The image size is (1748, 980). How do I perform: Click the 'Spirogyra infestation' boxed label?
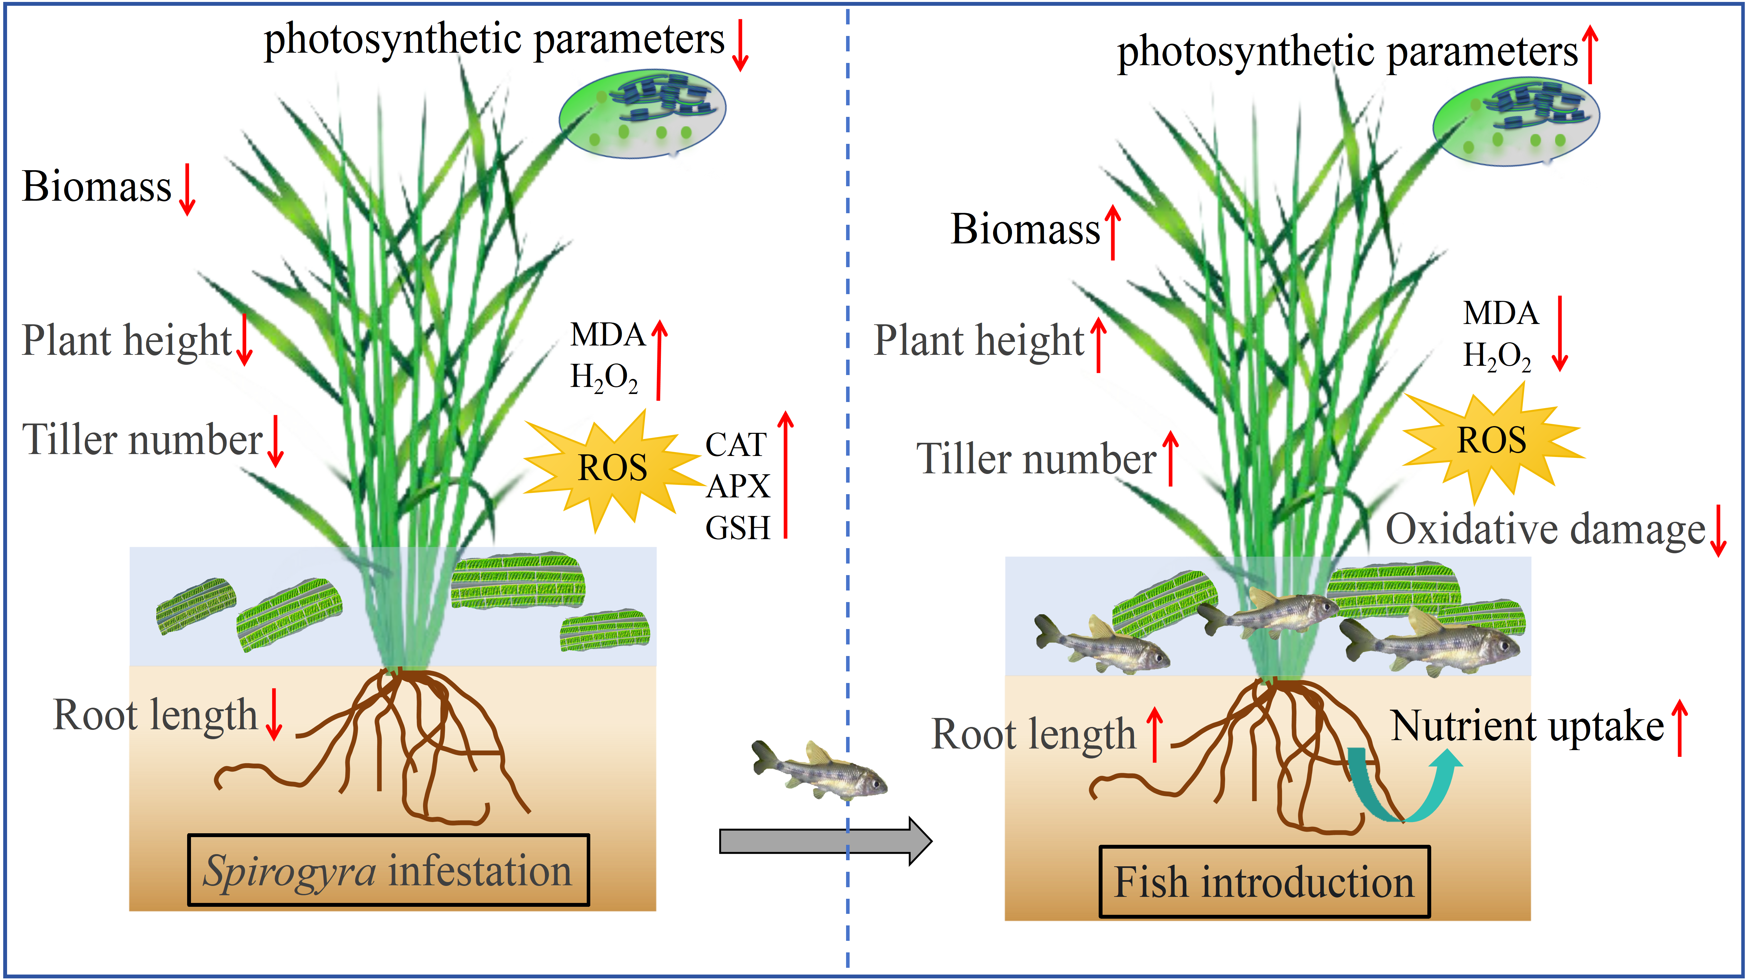pyautogui.click(x=388, y=870)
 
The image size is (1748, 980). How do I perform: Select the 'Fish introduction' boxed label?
pyautogui.click(x=1264, y=882)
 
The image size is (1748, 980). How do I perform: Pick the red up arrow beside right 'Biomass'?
pyautogui.click(x=1113, y=232)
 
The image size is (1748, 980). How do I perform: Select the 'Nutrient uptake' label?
pyautogui.click(x=1527, y=726)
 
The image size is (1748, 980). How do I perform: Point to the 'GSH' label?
pyautogui.click(x=738, y=528)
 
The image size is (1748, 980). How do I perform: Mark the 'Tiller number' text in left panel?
pyautogui.click(x=142, y=440)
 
